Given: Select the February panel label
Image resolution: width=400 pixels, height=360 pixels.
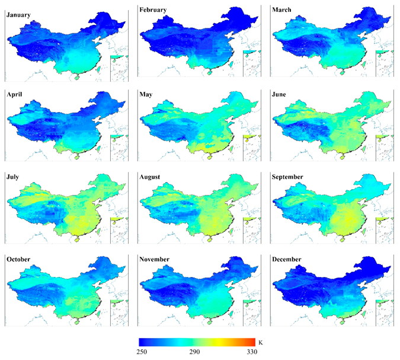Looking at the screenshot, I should coord(153,10).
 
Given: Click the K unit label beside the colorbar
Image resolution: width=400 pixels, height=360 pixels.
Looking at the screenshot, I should coord(261,342).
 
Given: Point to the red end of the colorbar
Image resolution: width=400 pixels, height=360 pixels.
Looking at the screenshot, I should coord(252,342).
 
